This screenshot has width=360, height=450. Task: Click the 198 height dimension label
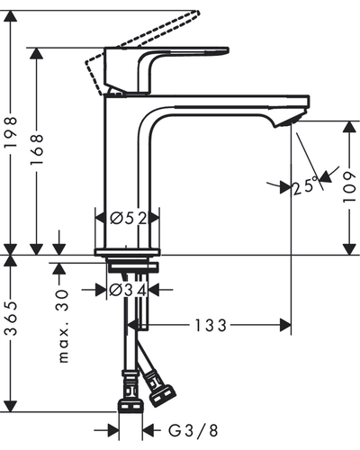[x=10, y=132]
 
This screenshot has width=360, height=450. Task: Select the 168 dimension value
[x=37, y=149]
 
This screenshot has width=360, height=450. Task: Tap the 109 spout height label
[x=349, y=187]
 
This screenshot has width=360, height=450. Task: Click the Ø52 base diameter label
[x=129, y=218]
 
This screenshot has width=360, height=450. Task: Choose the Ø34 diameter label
[x=128, y=290]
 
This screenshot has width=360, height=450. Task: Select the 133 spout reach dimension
[x=211, y=326]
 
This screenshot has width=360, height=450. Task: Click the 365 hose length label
[x=11, y=319]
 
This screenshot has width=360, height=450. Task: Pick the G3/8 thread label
[x=193, y=431]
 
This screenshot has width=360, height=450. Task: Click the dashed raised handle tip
[x=196, y=13]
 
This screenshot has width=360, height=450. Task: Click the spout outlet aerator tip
[x=291, y=121]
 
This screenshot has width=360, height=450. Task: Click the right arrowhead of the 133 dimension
[x=285, y=325]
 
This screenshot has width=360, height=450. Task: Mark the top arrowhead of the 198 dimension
[x=11, y=16]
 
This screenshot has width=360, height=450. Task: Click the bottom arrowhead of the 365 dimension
[x=11, y=406]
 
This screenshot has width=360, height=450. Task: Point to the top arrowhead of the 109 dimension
[x=349, y=127]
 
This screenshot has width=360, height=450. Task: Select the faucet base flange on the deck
[x=127, y=252]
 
